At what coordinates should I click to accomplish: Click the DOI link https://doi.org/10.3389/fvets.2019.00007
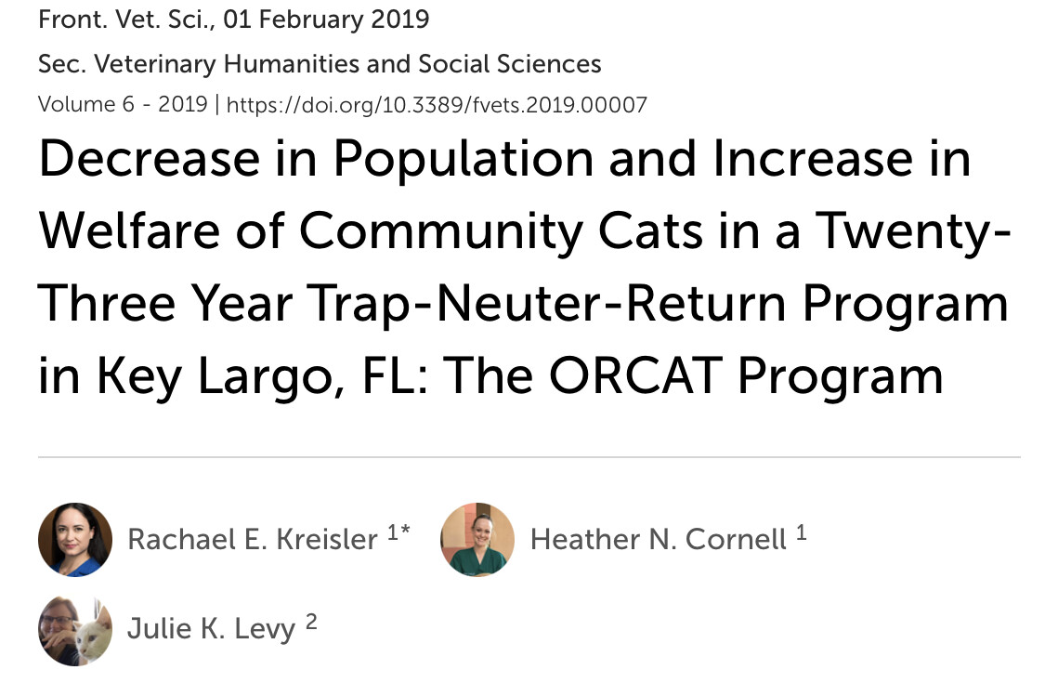[x=437, y=105]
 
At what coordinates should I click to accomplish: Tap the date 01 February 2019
[x=327, y=19]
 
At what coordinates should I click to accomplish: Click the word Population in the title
[x=464, y=160]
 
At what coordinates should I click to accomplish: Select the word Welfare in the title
[x=129, y=230]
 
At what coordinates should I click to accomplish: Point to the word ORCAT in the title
[x=635, y=375]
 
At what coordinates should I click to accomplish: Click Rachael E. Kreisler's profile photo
[x=75, y=540]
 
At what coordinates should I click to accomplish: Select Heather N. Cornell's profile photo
[x=477, y=540]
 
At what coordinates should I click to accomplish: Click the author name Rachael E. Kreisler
[x=253, y=540]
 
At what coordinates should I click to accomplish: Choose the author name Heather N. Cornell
[x=659, y=540]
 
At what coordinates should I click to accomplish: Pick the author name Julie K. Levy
[x=211, y=629]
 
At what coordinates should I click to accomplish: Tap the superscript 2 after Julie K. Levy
[x=311, y=622]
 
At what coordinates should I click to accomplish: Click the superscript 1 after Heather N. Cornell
[x=801, y=532]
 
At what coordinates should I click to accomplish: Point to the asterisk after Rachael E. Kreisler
[x=405, y=531]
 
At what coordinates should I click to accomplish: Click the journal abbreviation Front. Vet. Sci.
[x=125, y=19]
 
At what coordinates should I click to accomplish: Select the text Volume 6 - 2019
[x=123, y=105]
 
